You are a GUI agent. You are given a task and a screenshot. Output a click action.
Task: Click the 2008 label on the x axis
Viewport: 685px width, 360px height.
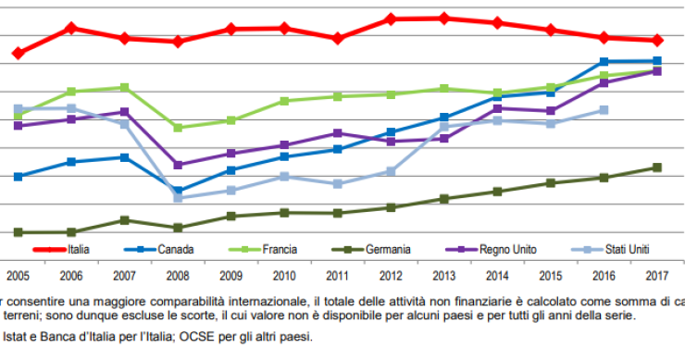click(179, 275)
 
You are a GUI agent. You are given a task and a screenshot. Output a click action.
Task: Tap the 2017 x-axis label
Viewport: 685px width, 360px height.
click(657, 275)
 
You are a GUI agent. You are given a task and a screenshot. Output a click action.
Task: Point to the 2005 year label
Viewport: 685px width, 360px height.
click(17, 275)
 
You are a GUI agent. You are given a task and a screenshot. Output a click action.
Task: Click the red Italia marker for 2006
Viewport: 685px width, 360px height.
click(71, 29)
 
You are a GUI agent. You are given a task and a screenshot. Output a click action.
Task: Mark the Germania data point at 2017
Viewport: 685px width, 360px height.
click(657, 168)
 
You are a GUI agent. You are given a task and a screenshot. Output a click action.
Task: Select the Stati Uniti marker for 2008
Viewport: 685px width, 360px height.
click(178, 198)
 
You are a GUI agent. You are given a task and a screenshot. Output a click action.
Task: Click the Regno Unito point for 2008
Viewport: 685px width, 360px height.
click(178, 165)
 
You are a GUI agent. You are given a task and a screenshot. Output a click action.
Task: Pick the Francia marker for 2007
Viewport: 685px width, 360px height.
click(125, 87)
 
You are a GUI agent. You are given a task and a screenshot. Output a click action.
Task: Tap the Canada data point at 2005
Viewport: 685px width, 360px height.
click(19, 176)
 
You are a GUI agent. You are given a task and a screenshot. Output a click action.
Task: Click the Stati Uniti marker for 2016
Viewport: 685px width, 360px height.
click(604, 109)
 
